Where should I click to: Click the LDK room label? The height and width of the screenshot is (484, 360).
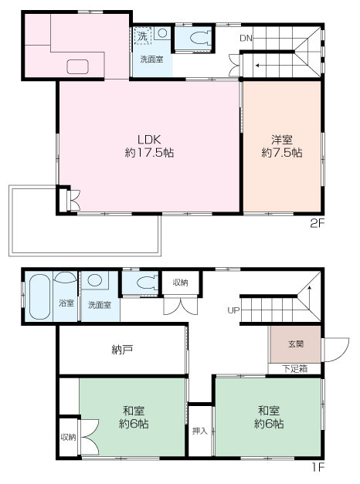(x=149, y=139)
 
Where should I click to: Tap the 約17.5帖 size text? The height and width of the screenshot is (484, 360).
(x=149, y=153)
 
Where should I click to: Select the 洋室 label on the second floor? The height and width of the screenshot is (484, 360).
(x=281, y=139)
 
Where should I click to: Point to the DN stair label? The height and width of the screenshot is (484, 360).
(x=246, y=38)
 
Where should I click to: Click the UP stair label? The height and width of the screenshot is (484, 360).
(x=233, y=310)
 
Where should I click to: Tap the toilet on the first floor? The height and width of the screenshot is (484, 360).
(x=144, y=284)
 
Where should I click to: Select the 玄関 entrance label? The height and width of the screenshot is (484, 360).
(x=297, y=343)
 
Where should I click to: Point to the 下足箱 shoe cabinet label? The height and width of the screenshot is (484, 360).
(x=294, y=368)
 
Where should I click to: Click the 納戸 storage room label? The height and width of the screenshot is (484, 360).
(x=122, y=350)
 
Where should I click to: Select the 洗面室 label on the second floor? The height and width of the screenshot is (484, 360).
(x=151, y=59)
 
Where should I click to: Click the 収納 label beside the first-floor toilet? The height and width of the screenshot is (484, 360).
(x=180, y=282)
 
